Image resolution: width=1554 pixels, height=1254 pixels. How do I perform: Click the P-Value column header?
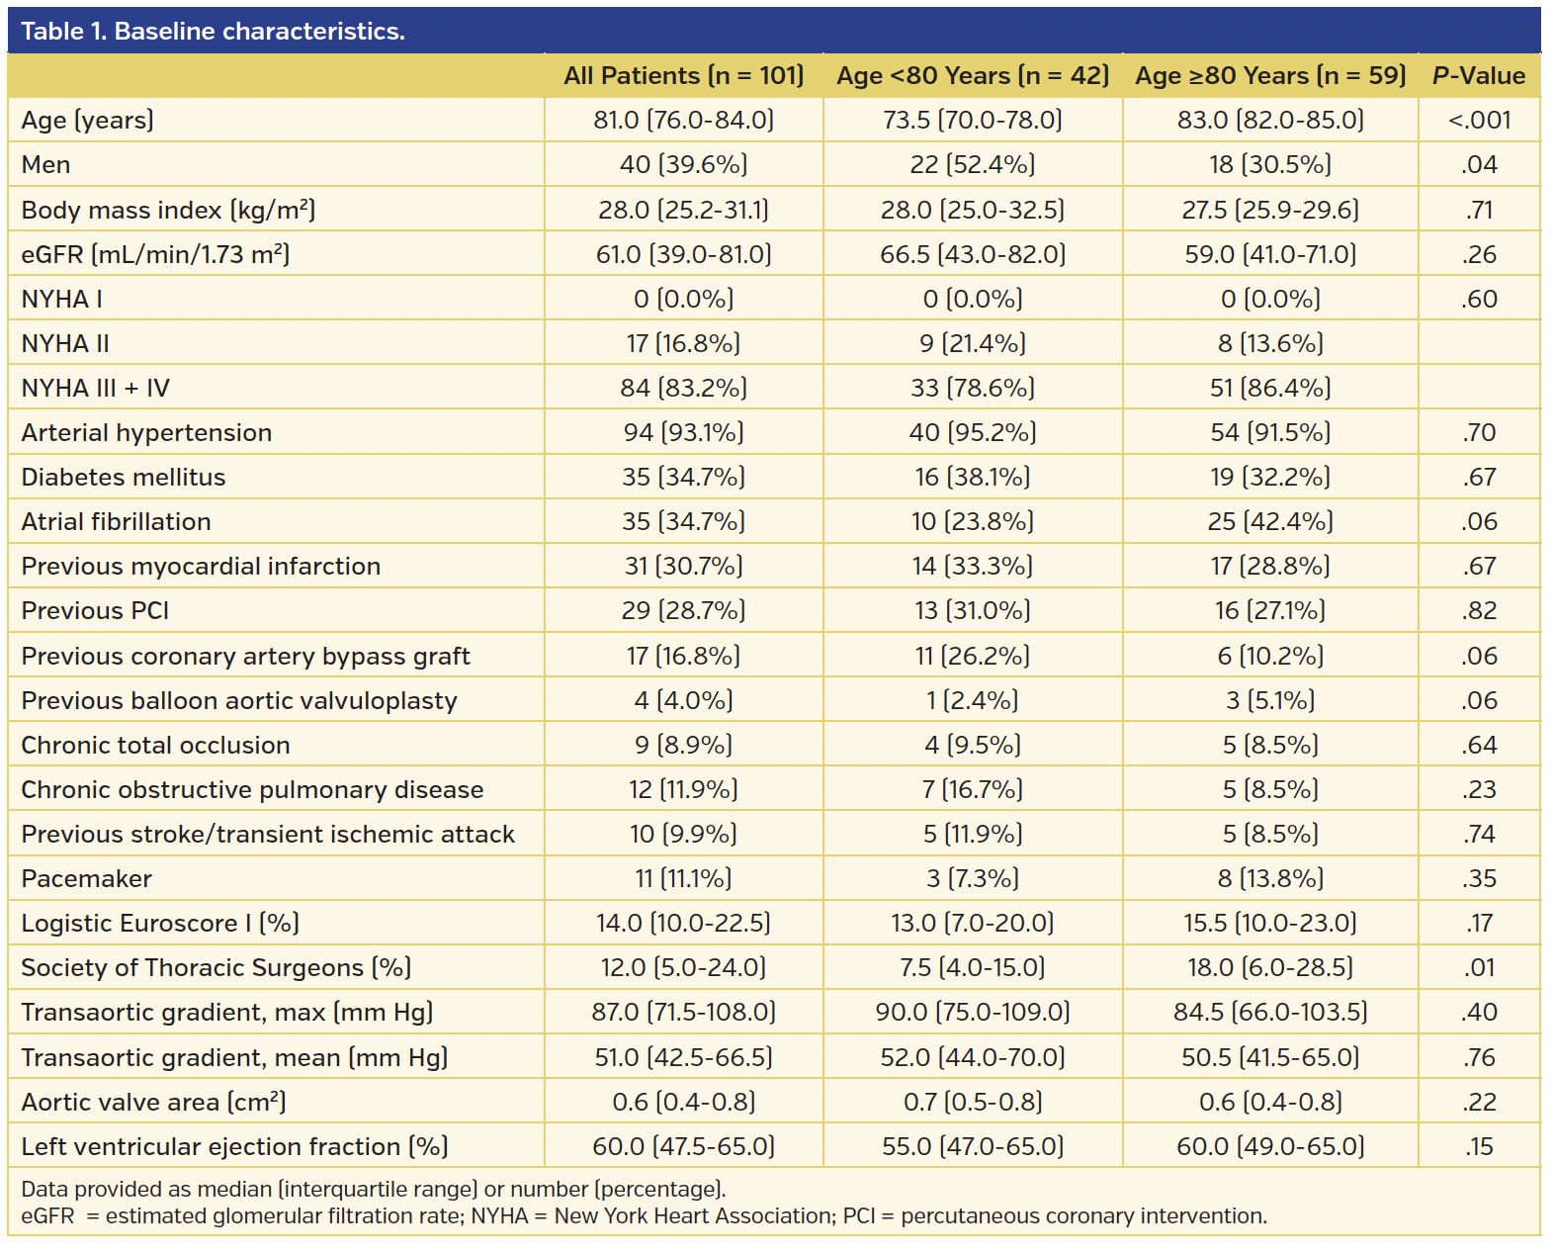pos(1478,76)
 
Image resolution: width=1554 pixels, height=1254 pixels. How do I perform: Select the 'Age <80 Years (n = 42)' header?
pos(972,76)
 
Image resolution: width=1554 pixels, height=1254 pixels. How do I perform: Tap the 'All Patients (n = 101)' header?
pos(683,76)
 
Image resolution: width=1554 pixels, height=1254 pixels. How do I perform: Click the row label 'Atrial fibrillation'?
pos(117,522)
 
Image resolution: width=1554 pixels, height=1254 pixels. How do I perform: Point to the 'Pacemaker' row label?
pos(87,879)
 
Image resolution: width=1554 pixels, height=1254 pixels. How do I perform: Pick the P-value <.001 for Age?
pos(1479,121)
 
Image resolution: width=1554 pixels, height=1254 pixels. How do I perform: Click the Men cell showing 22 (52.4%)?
pos(972,165)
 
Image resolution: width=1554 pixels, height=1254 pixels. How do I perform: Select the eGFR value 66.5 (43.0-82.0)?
pos(972,255)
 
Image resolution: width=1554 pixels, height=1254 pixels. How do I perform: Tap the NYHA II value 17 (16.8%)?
pos(683,344)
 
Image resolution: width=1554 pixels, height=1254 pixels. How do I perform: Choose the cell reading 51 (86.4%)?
pos(1270,389)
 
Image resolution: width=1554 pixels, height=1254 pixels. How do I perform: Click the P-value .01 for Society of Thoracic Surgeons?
pos(1479,968)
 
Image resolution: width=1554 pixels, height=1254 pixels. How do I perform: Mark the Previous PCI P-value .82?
pos(1479,611)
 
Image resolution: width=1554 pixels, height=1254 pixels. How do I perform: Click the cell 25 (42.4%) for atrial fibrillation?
pos(1270,522)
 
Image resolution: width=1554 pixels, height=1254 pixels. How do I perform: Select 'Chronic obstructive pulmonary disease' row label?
pos(252,790)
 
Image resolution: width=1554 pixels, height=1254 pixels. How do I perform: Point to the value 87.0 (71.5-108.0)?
pos(683,1013)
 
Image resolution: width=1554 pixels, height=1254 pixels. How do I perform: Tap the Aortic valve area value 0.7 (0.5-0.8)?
pos(972,1103)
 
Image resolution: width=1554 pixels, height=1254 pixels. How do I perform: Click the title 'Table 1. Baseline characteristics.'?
pos(213,32)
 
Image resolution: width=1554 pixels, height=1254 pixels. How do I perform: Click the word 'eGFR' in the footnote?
pos(47,1216)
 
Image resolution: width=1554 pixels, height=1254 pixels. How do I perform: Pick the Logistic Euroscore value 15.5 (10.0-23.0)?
pos(1270,924)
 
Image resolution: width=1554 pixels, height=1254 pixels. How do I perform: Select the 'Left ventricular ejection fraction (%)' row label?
pos(234,1147)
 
